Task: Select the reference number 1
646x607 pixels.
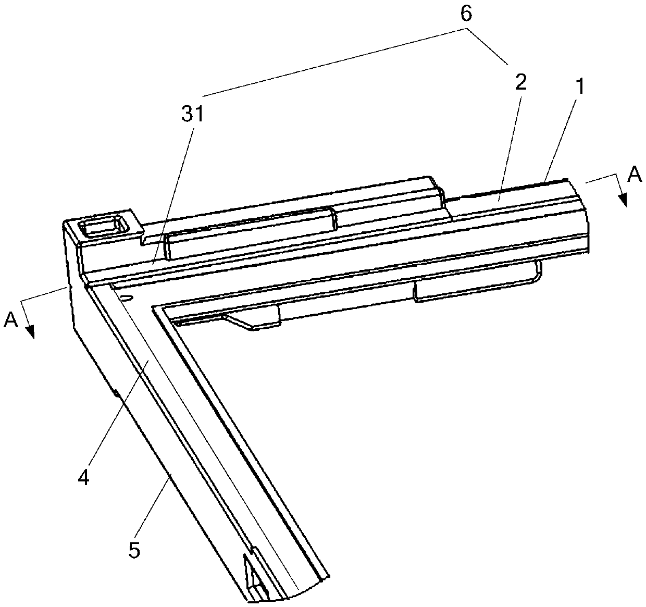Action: tap(580, 88)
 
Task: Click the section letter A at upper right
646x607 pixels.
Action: tap(634, 175)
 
